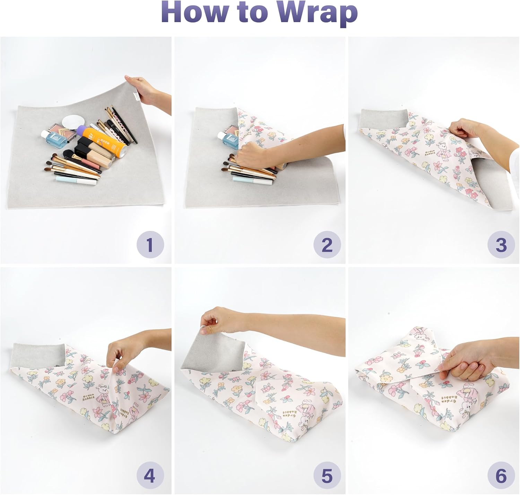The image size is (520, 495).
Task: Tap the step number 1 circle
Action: coord(150,244)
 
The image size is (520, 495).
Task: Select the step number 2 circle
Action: coord(327,244)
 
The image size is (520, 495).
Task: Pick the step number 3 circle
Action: coord(501,244)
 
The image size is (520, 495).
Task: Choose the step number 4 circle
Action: coord(150,475)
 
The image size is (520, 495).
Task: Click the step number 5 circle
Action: coord(327,475)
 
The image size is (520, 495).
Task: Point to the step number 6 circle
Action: coord(501,475)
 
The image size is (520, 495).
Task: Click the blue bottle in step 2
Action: coord(230,140)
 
